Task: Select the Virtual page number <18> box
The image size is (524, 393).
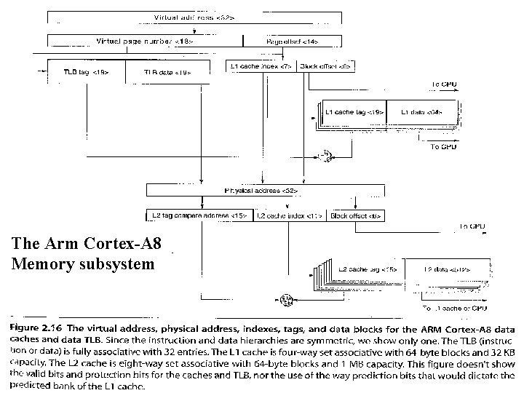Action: point(146,41)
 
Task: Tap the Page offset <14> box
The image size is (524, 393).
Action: point(291,41)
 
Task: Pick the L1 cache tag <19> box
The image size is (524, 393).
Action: point(353,113)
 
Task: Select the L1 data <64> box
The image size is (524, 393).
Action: point(423,113)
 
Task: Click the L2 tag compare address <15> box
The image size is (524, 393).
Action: point(199,216)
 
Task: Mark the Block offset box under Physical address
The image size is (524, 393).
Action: point(356,216)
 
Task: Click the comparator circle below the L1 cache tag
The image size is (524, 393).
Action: point(325,155)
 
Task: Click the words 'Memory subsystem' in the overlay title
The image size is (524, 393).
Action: point(84,263)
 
